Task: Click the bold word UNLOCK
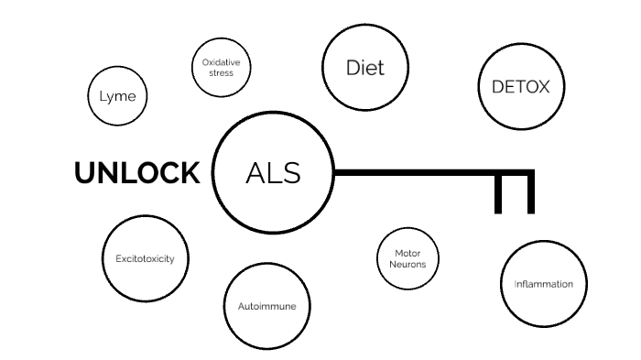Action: click(x=136, y=172)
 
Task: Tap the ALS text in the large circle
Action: click(x=273, y=173)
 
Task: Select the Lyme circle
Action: click(x=117, y=95)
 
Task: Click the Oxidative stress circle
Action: click(x=220, y=68)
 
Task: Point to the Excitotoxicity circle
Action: click(x=146, y=259)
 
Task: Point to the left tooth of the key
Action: click(x=499, y=194)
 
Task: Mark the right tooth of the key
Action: click(x=530, y=194)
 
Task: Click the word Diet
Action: click(x=364, y=68)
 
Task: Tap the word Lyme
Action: click(x=117, y=95)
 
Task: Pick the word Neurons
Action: click(x=407, y=264)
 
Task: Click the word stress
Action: click(x=220, y=72)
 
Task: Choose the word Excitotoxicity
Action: click(x=146, y=259)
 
